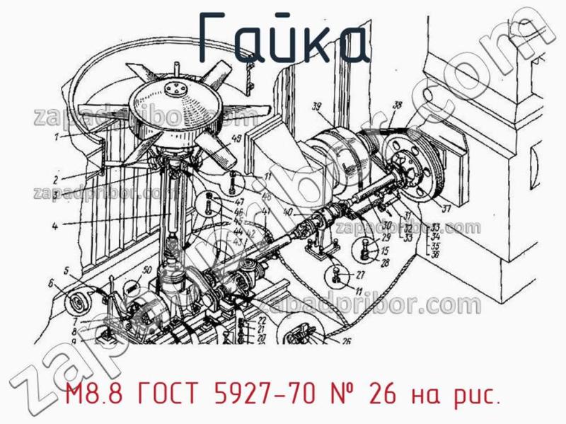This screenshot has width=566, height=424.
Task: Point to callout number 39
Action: pyautogui.click(x=316, y=107)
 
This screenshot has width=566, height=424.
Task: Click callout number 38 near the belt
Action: pyautogui.click(x=398, y=105)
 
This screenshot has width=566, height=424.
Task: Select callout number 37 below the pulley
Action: pyautogui.click(x=446, y=209)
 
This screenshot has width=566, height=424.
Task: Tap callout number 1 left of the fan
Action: pyautogui.click(x=64, y=135)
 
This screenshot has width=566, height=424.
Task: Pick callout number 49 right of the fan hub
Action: pyautogui.click(x=236, y=137)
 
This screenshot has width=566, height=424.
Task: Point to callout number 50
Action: pyautogui.click(x=147, y=270)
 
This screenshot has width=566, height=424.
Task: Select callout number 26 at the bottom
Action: pyautogui.click(x=347, y=341)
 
